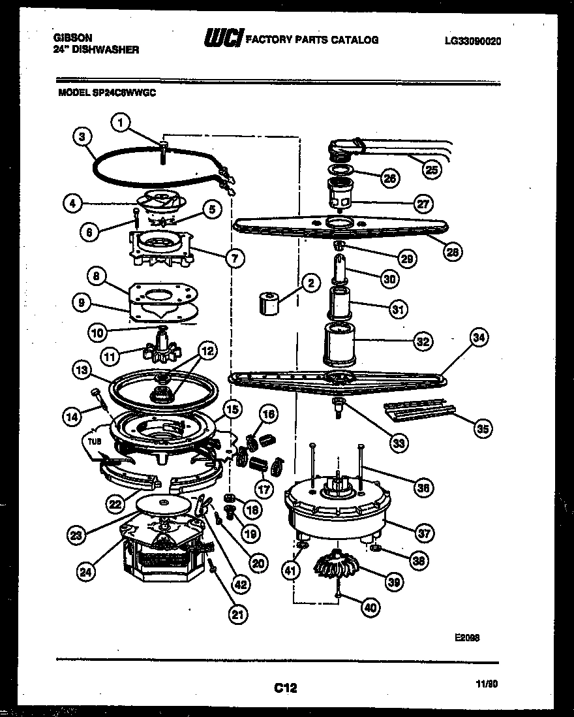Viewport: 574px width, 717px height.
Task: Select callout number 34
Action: coord(479,338)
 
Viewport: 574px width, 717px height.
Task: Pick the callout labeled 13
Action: coord(83,370)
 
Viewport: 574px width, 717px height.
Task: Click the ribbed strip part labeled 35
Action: coord(418,410)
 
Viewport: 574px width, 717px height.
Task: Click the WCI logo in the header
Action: coord(222,40)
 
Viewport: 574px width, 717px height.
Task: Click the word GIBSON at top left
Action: coord(72,39)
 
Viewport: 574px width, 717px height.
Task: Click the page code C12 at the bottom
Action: coord(286,687)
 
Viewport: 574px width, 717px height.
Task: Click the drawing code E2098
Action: coord(468,639)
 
